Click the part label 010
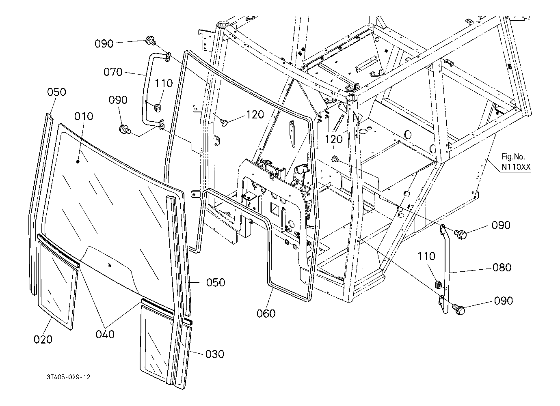(x=84, y=116)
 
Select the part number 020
(x=43, y=339)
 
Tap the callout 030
(x=215, y=354)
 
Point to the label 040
(x=105, y=334)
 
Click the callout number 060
(x=266, y=314)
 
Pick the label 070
(x=113, y=72)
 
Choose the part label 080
(x=502, y=268)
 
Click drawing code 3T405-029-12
(x=68, y=377)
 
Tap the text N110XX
(x=516, y=167)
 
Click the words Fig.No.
(x=513, y=157)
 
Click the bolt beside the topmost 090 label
(x=150, y=41)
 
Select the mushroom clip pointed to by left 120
(x=224, y=122)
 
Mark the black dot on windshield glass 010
(x=78, y=162)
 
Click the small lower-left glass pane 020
(x=57, y=285)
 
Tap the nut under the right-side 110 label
(x=438, y=284)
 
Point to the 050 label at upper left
(x=56, y=92)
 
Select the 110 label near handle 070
(x=164, y=84)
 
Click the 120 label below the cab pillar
(x=333, y=140)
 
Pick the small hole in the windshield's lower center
(x=109, y=265)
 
